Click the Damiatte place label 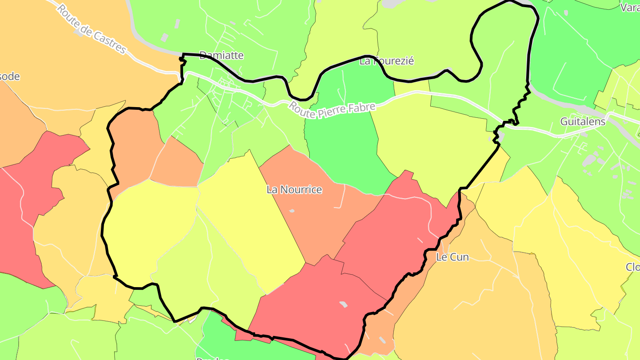tap(221, 56)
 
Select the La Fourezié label tap(386, 61)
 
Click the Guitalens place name tap(583, 121)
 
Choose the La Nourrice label tap(294, 190)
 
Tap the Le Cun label tap(452, 257)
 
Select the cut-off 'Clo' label tap(632, 267)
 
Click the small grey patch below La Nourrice tap(292, 211)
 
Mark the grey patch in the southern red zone tap(343, 304)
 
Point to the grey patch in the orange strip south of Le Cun tap(382, 340)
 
